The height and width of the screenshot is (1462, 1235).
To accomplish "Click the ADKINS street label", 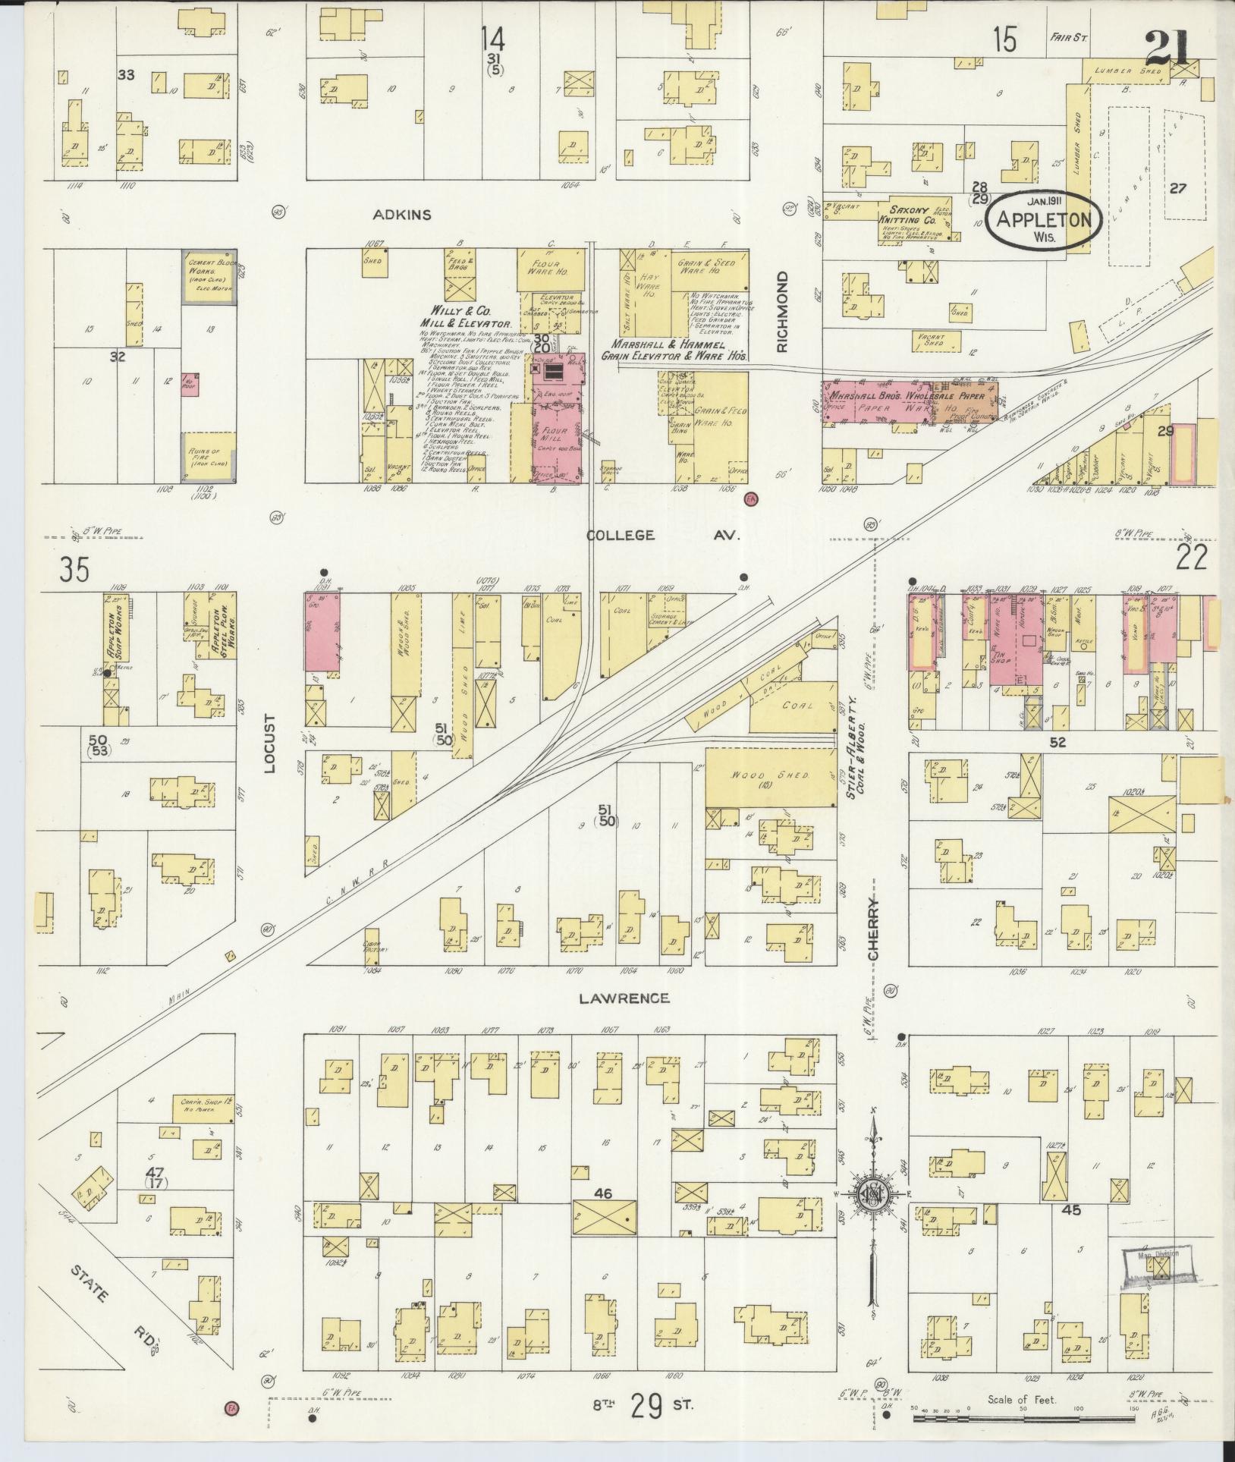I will click(402, 215).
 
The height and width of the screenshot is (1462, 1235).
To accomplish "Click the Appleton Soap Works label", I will click(111, 629).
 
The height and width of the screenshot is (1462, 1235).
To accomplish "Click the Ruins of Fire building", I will click(207, 456).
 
